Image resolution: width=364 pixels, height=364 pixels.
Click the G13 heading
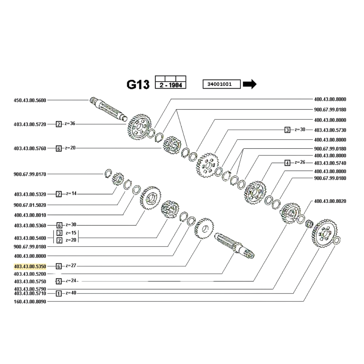click(138, 85)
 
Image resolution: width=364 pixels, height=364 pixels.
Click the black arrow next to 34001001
click(249, 84)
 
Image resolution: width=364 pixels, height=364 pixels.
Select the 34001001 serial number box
click(221, 84)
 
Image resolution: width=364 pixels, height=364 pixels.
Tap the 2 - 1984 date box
click(171, 85)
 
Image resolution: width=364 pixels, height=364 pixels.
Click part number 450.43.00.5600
click(30, 100)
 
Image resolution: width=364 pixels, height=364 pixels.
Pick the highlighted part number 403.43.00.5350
click(30, 266)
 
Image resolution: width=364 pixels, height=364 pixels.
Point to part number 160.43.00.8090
click(30, 301)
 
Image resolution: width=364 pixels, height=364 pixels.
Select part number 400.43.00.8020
click(330, 201)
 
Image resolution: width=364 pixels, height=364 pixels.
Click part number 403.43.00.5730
click(330, 130)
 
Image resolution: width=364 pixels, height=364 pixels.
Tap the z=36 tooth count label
click(70, 124)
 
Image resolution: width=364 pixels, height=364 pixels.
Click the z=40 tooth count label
click(71, 293)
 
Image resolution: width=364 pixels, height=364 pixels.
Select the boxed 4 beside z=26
click(287, 163)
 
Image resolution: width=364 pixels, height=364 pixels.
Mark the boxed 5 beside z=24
click(59, 281)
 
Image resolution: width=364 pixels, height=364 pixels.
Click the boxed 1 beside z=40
click(59, 294)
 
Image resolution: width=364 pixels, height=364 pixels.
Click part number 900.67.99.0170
click(30, 174)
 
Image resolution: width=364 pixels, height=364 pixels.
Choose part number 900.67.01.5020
click(30, 205)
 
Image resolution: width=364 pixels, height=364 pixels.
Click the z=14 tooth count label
click(71, 193)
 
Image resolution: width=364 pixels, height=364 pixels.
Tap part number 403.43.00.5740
click(330, 163)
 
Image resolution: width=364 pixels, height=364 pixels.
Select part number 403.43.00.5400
click(30, 238)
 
